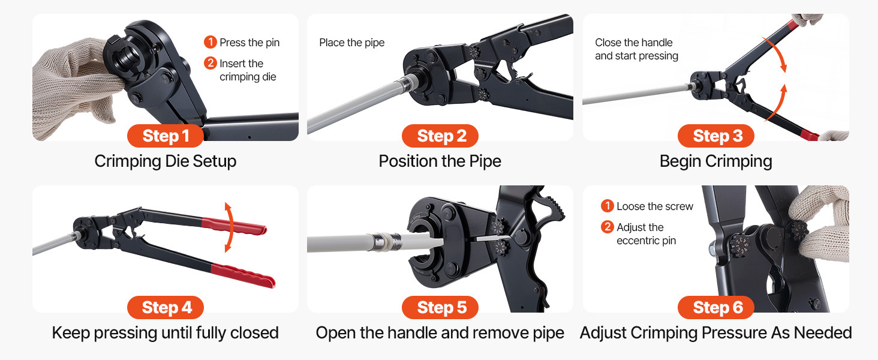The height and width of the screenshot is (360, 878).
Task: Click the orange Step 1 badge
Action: point(166,136)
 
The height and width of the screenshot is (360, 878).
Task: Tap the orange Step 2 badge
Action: point(440,136)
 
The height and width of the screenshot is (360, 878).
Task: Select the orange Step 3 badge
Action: point(715,136)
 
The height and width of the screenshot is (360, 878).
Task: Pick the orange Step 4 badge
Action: point(166,307)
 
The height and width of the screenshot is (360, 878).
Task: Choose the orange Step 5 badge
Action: point(440,307)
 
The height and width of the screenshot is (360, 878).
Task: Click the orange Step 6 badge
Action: point(715,307)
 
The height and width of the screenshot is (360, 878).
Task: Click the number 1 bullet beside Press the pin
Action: point(210,42)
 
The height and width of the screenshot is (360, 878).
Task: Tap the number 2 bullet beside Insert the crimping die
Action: point(210,63)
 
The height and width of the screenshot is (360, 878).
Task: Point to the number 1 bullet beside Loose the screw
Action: point(607,205)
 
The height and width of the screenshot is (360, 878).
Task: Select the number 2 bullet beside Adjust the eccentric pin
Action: point(607,226)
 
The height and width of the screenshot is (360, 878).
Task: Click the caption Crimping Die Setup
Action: point(166,161)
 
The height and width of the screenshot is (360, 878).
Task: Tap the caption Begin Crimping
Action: point(715,161)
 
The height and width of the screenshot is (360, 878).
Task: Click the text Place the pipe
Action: point(352,43)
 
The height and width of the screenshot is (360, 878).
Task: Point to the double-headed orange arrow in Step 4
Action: point(230,227)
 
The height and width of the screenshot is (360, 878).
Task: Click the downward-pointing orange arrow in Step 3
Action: point(777,53)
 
